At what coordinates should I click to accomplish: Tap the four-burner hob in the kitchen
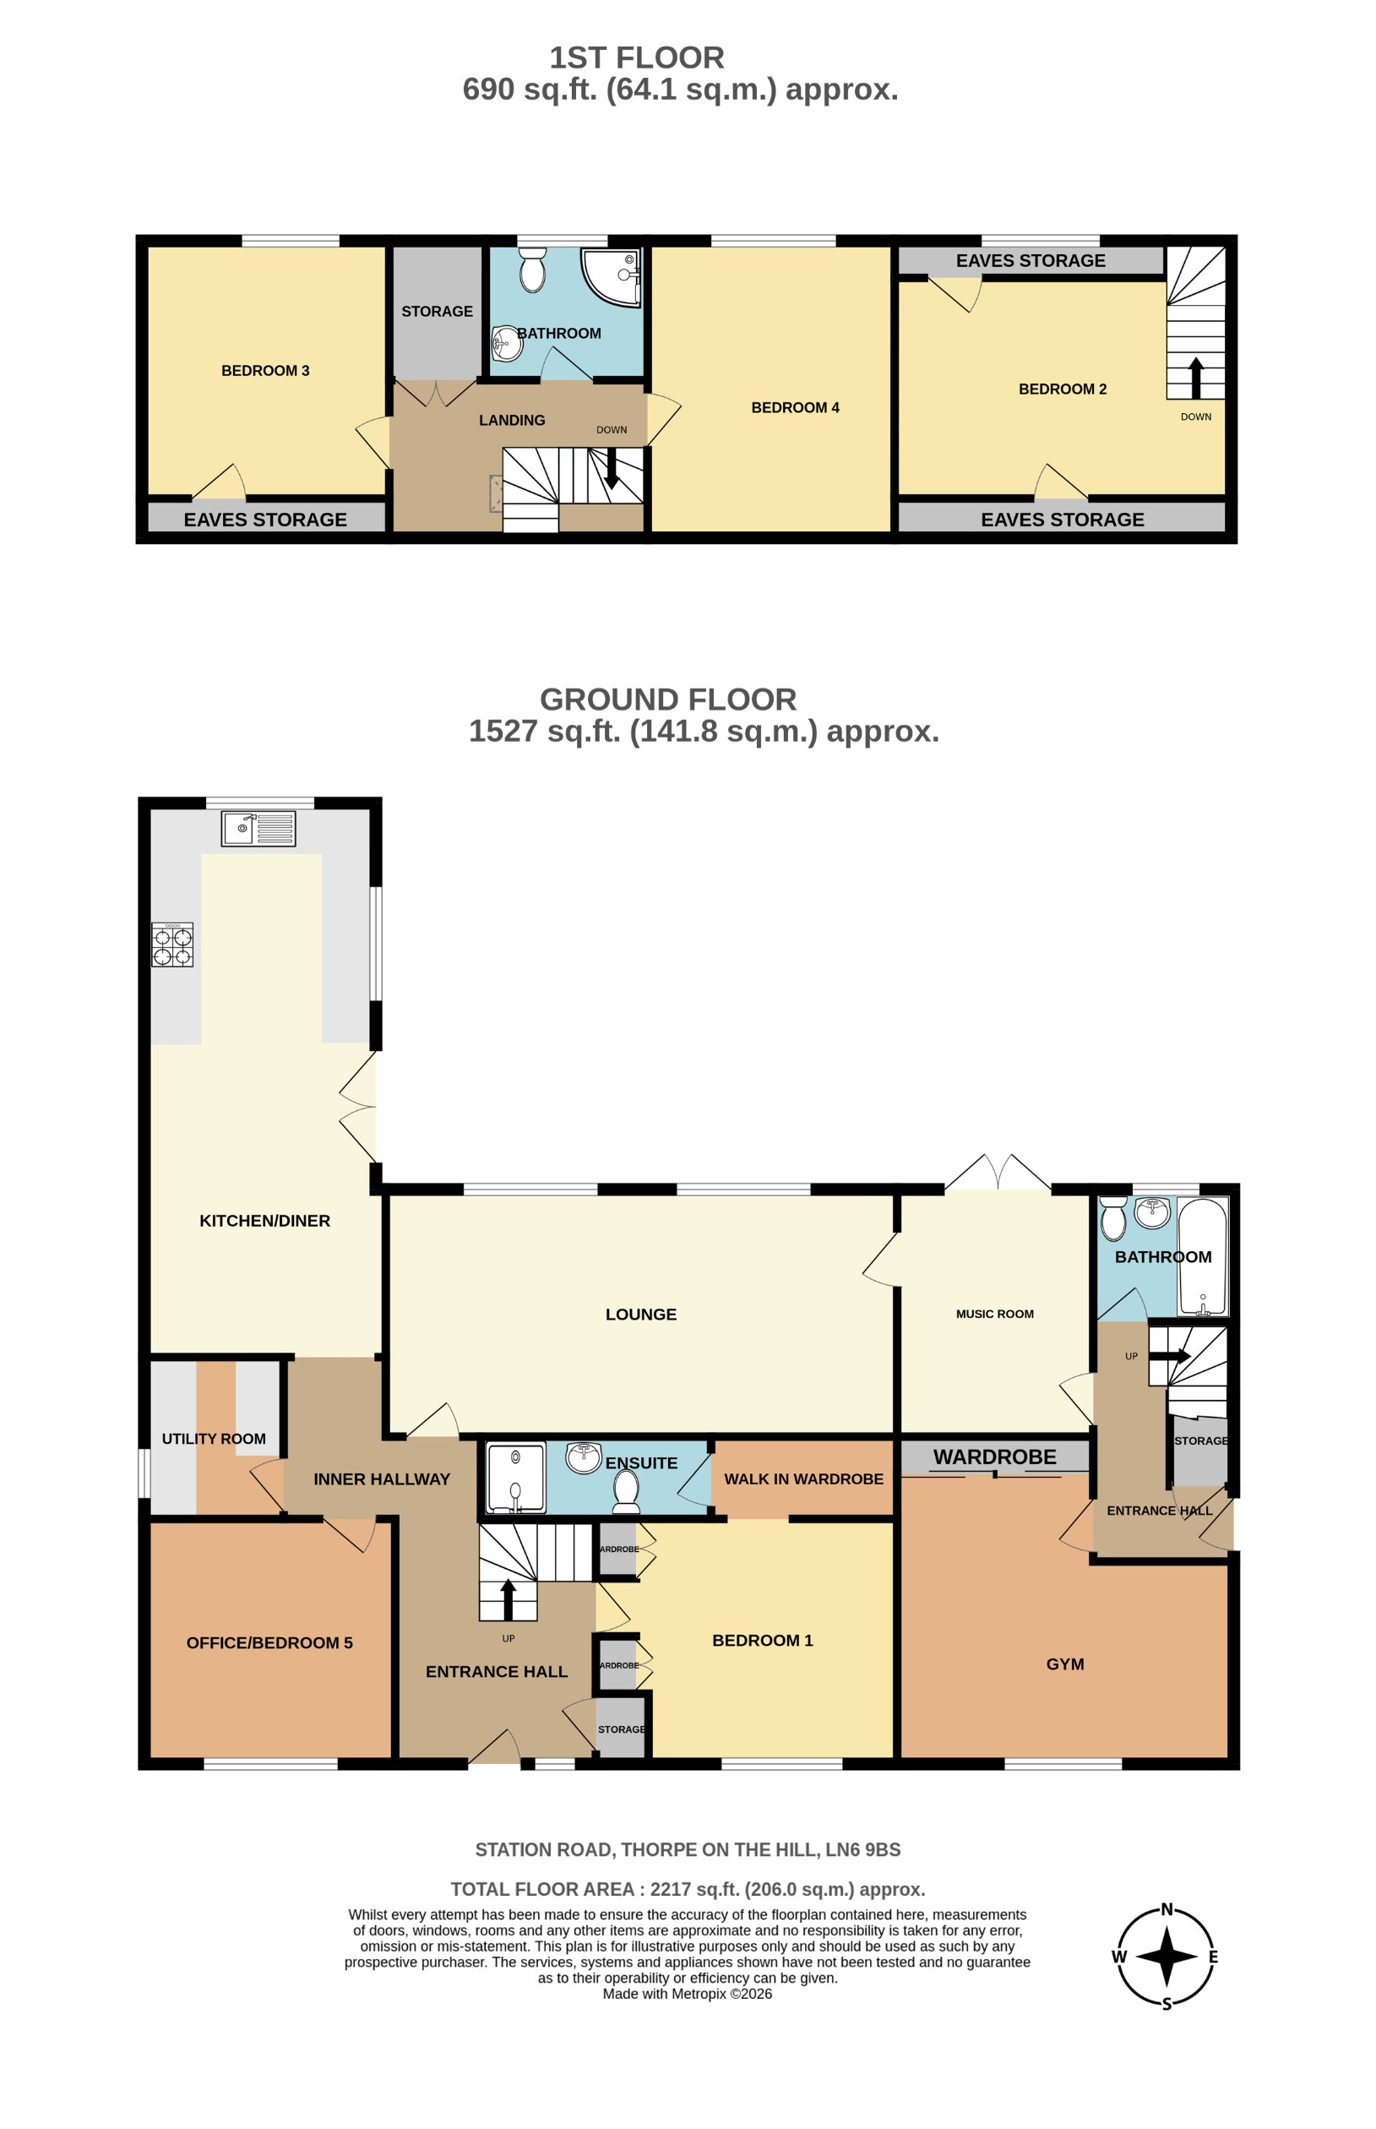pos(172,946)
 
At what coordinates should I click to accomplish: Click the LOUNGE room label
pos(640,1314)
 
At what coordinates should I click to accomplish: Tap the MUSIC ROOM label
pos(993,1314)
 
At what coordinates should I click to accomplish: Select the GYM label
pos(1064,1663)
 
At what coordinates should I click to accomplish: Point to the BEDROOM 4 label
pos(794,407)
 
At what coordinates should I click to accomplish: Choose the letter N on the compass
pos(1166,1909)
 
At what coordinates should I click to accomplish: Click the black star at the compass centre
pos(1166,1956)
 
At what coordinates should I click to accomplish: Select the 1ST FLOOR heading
pos(636,58)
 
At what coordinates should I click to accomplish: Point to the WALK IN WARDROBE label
pos(802,1478)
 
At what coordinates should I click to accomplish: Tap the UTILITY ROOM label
pos(214,1439)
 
